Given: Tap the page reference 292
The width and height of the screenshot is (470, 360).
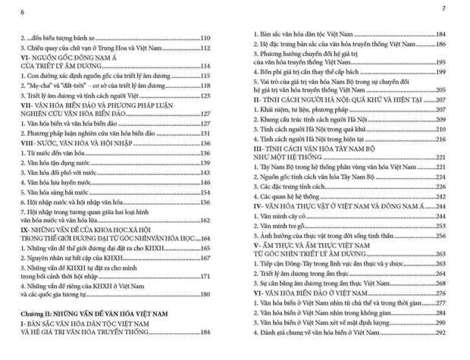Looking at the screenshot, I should tap(439, 331).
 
